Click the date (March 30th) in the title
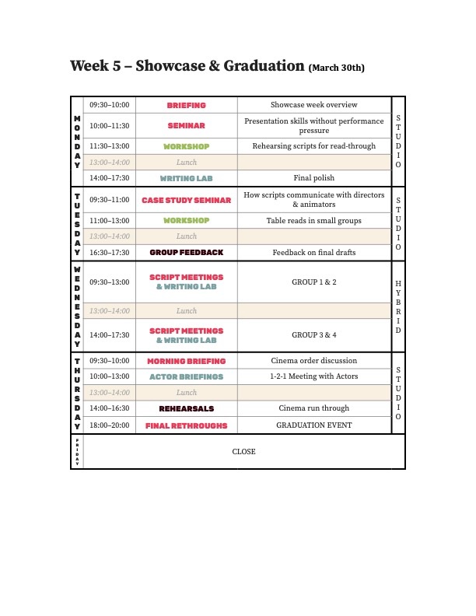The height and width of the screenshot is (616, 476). pyautogui.click(x=337, y=68)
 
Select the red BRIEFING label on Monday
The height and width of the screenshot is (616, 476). pyautogui.click(x=187, y=105)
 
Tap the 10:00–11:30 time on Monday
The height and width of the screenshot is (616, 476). pyautogui.click(x=110, y=125)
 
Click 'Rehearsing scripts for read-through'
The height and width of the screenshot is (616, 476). pyautogui.click(x=313, y=146)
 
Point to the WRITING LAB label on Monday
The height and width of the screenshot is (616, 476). pyautogui.click(x=187, y=178)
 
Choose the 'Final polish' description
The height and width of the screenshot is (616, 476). pyautogui.click(x=313, y=178)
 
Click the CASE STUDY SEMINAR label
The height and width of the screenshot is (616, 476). pyautogui.click(x=187, y=200)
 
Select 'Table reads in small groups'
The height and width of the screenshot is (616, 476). pyautogui.click(x=313, y=221)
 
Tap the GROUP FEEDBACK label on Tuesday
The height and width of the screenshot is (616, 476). pyautogui.click(x=187, y=253)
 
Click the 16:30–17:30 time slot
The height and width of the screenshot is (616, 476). pyautogui.click(x=110, y=253)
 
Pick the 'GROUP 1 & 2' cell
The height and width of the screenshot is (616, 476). pyautogui.click(x=313, y=282)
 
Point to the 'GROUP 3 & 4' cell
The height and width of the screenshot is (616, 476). pyautogui.click(x=313, y=335)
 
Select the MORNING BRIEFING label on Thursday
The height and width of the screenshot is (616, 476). pyautogui.click(x=187, y=361)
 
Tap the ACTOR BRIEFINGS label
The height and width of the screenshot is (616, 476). pyautogui.click(x=187, y=376)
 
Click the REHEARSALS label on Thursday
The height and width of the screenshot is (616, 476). pyautogui.click(x=187, y=408)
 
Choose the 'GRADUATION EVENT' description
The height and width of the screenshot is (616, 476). pyautogui.click(x=313, y=425)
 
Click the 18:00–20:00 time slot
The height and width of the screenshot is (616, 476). pyautogui.click(x=110, y=425)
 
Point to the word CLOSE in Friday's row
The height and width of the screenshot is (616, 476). pyautogui.click(x=243, y=452)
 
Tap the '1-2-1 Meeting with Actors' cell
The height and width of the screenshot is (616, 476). pyautogui.click(x=313, y=376)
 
